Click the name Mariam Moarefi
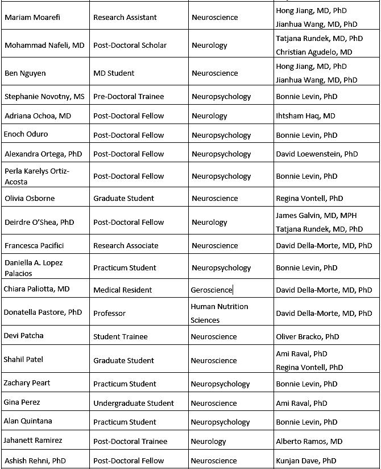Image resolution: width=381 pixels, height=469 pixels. [x=32, y=17]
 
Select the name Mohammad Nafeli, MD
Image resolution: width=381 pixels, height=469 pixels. [x=44, y=45]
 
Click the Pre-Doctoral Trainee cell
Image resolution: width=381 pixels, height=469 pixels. [x=129, y=96]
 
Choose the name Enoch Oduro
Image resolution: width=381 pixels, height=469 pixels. [x=26, y=134]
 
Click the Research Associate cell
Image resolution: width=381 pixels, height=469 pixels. [x=126, y=245]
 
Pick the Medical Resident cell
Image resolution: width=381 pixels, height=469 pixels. [x=123, y=290]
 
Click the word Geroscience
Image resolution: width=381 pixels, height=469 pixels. [x=212, y=290]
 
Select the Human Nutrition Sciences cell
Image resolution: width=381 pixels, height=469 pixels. [x=219, y=313]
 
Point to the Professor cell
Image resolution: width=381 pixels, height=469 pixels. [x=109, y=313]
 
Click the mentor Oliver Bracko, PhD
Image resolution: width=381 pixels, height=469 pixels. [x=307, y=336]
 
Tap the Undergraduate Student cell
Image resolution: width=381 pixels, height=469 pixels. [x=134, y=403]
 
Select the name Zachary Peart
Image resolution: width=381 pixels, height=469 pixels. [x=27, y=383]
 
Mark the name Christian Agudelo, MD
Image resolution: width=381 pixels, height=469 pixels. [x=314, y=52]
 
